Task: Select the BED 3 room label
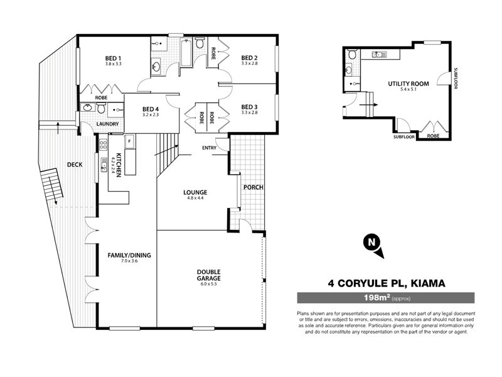click(x=250, y=106)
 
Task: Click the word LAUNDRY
click(x=107, y=124)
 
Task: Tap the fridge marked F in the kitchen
click(x=129, y=141)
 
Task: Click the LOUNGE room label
click(x=195, y=192)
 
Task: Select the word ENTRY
click(x=210, y=148)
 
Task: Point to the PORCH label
click(x=254, y=187)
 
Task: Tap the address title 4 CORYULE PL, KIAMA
click(x=387, y=283)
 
